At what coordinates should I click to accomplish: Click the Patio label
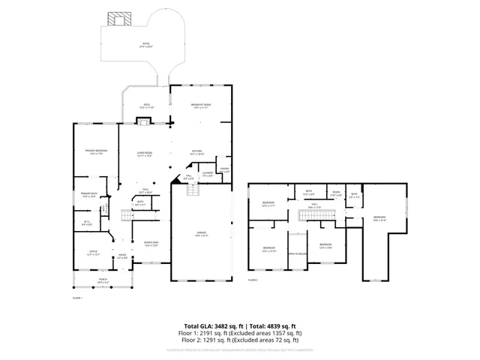tap(147, 45)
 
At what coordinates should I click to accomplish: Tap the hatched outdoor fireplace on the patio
tap(118, 18)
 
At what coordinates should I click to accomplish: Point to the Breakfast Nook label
tap(199, 106)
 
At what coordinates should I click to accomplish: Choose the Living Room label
tap(145, 154)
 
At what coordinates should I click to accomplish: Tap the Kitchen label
tap(197, 153)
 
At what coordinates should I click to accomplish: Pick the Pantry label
tap(223, 171)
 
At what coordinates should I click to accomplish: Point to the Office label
tap(93, 253)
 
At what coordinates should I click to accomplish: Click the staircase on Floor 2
tap(310, 216)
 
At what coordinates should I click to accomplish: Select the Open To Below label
tap(298, 253)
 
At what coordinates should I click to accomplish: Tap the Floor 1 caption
tap(76, 298)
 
